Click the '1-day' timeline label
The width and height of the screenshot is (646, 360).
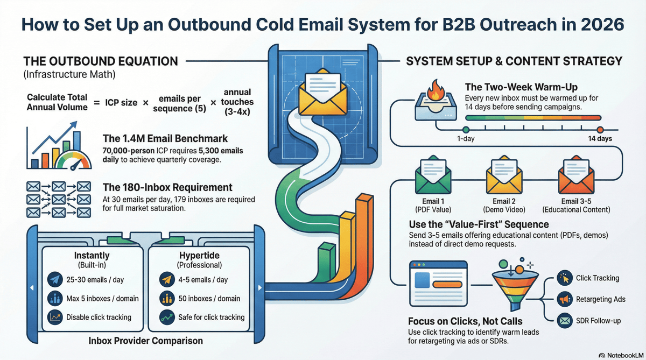click(465, 139)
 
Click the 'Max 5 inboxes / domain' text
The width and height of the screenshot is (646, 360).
click(102, 299)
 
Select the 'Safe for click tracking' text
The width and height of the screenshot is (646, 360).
click(211, 317)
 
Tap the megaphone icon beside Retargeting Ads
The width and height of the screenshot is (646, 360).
click(564, 299)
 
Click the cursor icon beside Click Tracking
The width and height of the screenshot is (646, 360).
click(564, 278)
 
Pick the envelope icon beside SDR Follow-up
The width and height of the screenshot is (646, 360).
click(564, 320)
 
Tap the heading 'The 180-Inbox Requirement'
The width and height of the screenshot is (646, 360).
click(167, 188)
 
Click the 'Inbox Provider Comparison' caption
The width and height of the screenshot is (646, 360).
click(145, 341)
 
